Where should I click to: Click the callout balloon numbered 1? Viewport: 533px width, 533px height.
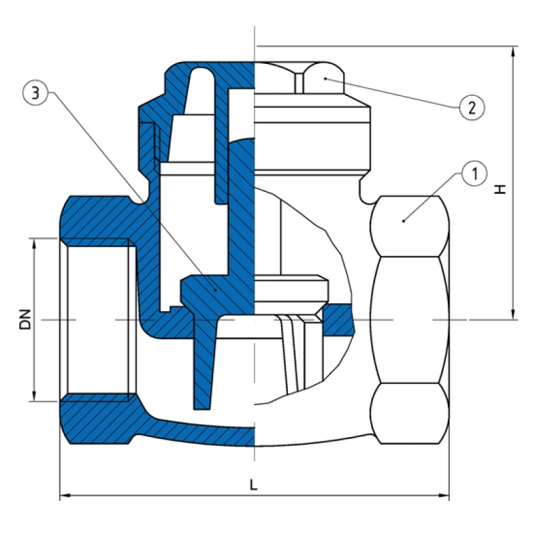[474, 175]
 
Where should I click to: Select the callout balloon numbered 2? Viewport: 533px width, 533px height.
[470, 107]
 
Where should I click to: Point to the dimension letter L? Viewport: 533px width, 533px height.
[254, 485]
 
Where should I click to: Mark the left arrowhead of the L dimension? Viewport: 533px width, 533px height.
[65, 496]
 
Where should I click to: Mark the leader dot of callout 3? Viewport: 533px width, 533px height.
[214, 288]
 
